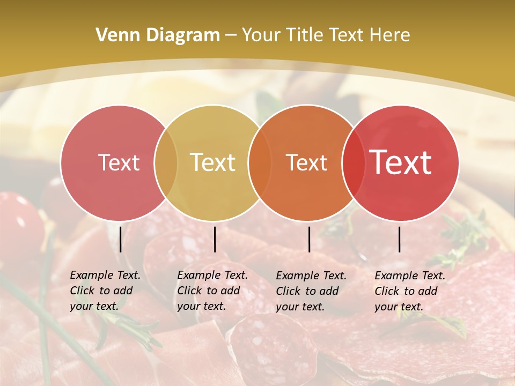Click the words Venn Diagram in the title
pos(158,35)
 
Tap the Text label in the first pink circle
pos(119,162)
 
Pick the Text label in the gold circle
pos(212,162)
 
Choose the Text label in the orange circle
pos(306,162)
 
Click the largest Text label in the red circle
pos(400,162)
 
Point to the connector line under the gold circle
pos(215,239)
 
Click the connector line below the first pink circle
pos(121,239)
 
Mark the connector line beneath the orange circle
pos(309,239)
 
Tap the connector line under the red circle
pos(400,239)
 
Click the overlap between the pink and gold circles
pos(166,162)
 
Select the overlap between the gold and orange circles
pos(259,162)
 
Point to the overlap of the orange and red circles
pos(352,162)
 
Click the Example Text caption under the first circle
pos(105,291)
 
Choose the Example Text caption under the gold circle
pos(212,291)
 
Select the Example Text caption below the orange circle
pos(311,291)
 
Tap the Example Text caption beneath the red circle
pos(409,291)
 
